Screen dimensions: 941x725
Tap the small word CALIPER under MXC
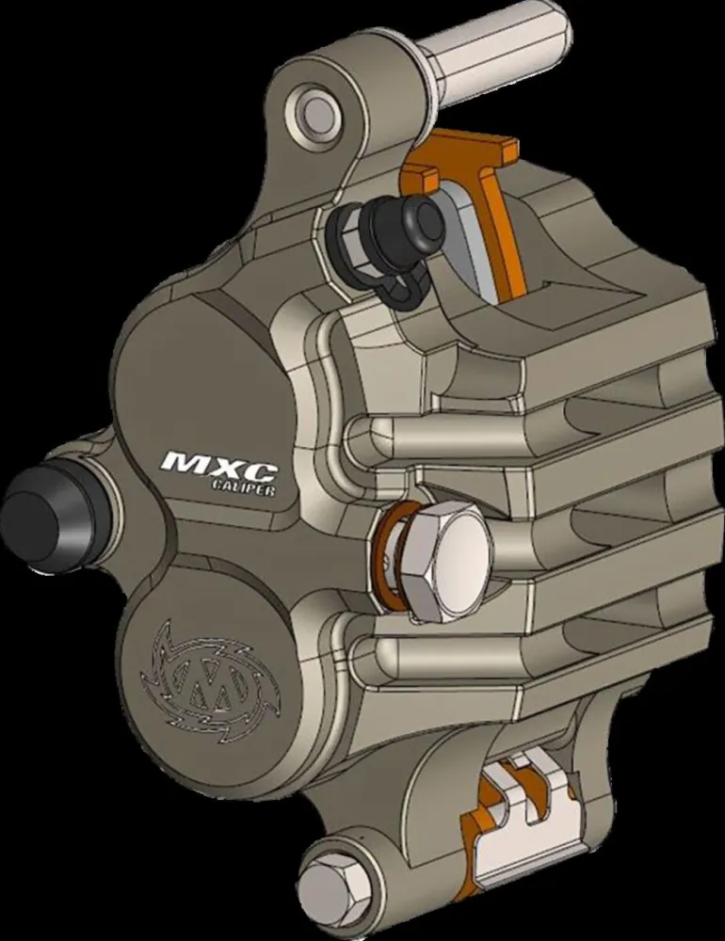coord(243,485)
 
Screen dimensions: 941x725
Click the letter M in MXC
coord(183,463)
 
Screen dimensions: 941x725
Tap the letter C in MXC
coord(256,461)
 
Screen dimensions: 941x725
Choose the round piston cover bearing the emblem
coord(202,659)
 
